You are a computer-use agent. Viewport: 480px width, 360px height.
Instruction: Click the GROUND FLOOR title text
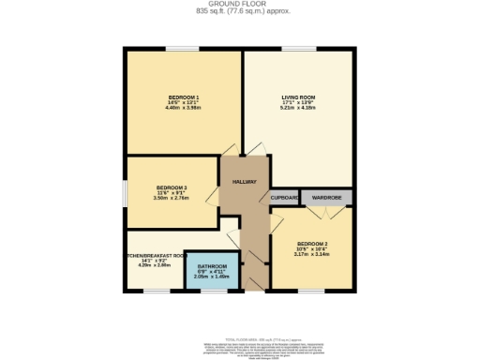pyautogui.click(x=240, y=4)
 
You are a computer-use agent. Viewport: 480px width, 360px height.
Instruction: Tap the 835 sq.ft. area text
pyautogui.click(x=240, y=11)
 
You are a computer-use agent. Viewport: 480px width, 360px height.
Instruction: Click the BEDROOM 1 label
pyautogui.click(x=184, y=97)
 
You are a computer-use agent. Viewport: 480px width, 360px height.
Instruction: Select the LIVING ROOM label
pyautogui.click(x=299, y=97)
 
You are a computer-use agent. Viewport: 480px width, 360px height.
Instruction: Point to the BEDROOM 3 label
pyautogui.click(x=171, y=187)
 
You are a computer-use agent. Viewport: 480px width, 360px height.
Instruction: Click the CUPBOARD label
pyautogui.click(x=285, y=198)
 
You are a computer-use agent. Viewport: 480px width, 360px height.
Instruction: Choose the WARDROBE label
pyautogui.click(x=325, y=198)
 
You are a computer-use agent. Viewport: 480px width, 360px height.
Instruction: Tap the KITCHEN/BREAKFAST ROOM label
pyautogui.click(x=156, y=255)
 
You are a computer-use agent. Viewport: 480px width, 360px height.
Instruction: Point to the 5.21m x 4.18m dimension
pyautogui.click(x=299, y=107)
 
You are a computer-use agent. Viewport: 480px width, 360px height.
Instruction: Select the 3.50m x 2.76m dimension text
pyautogui.click(x=171, y=198)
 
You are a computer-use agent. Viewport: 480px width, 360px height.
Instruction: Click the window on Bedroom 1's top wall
pyautogui.click(x=181, y=49)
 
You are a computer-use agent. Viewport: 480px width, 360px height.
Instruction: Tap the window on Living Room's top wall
pyautogui.click(x=298, y=49)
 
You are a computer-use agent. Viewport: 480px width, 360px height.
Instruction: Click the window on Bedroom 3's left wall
pyautogui.click(x=125, y=193)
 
